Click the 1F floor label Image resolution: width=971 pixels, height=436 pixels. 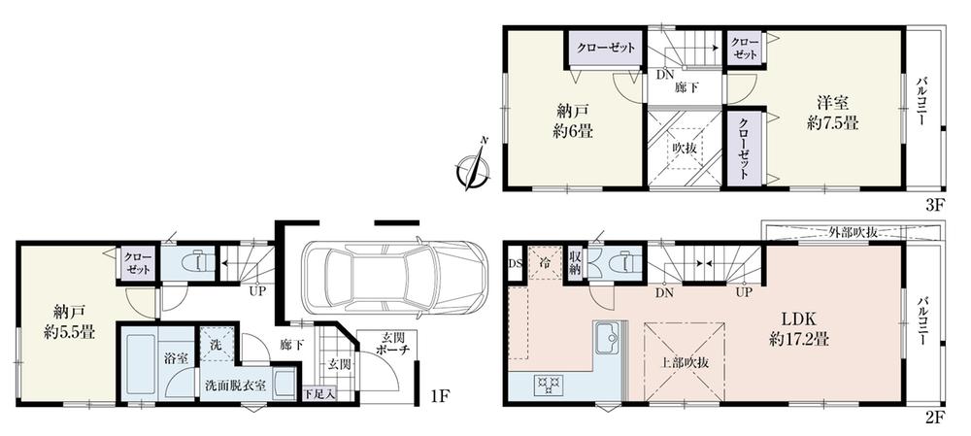click(440, 395)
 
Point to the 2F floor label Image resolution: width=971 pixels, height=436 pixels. click(934, 419)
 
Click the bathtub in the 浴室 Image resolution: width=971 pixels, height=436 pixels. click(142, 365)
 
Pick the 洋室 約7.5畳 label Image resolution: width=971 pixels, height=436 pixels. click(833, 113)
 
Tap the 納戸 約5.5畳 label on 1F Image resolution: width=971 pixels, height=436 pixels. click(69, 321)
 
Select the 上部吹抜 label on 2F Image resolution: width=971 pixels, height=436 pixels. click(684, 363)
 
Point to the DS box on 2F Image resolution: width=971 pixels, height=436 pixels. click(516, 263)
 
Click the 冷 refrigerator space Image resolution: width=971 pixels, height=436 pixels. click(544, 262)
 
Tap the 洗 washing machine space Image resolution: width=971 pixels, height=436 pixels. click(217, 343)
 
